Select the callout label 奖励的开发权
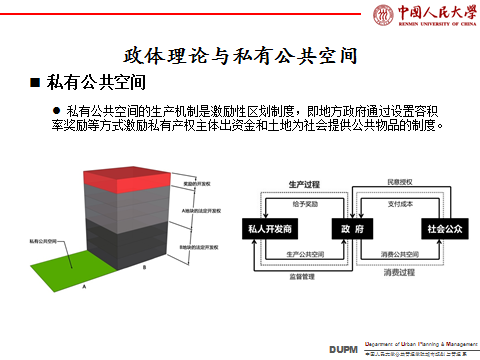coord(196,186)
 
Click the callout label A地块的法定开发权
coord(202,211)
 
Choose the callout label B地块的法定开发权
coord(202,246)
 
